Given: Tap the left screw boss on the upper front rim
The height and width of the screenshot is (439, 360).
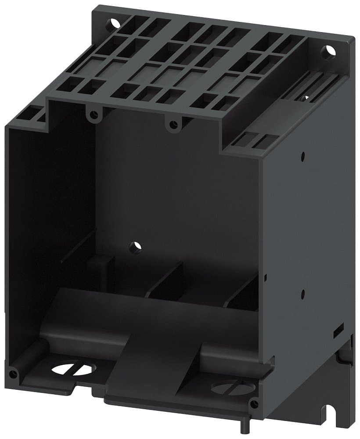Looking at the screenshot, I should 92,115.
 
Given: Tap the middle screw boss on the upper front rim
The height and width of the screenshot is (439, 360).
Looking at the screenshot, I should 173,124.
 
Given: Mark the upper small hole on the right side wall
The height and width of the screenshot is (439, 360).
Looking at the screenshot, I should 303,155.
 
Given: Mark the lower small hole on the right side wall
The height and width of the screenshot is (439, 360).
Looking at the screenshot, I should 303,291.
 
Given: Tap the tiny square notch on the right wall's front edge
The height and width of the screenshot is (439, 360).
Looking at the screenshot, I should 265,277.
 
